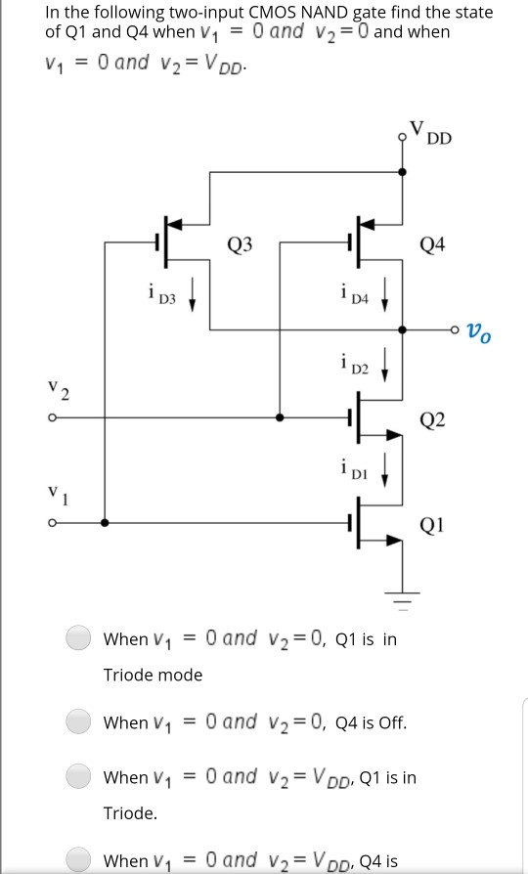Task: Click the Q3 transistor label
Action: [x=241, y=244]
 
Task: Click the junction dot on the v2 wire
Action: [x=281, y=417]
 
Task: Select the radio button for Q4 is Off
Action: [x=79, y=722]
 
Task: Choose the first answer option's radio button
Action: [x=79, y=638]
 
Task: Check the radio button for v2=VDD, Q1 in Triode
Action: [x=79, y=777]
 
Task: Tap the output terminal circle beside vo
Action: [x=455, y=330]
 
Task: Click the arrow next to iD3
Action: [x=194, y=291]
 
